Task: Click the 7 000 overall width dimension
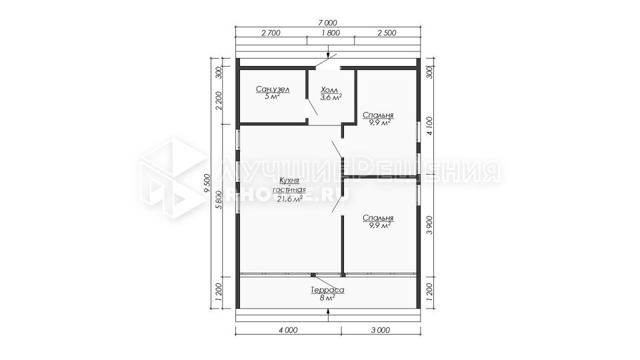[x=328, y=23]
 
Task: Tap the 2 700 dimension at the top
[x=271, y=33]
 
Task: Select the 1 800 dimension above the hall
[x=331, y=33]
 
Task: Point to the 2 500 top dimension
[x=387, y=33]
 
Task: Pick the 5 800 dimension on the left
[x=219, y=199]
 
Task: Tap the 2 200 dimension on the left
[x=219, y=101]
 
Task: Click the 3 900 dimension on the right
[x=429, y=225]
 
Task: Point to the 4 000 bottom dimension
[x=289, y=331]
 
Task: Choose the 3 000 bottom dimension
[x=381, y=331]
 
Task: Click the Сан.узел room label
[x=273, y=89]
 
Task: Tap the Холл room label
[x=330, y=90]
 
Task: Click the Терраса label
[x=328, y=290]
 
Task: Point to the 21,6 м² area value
[x=290, y=199]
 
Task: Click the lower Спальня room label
[x=378, y=218]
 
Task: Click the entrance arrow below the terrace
[x=328, y=313]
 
